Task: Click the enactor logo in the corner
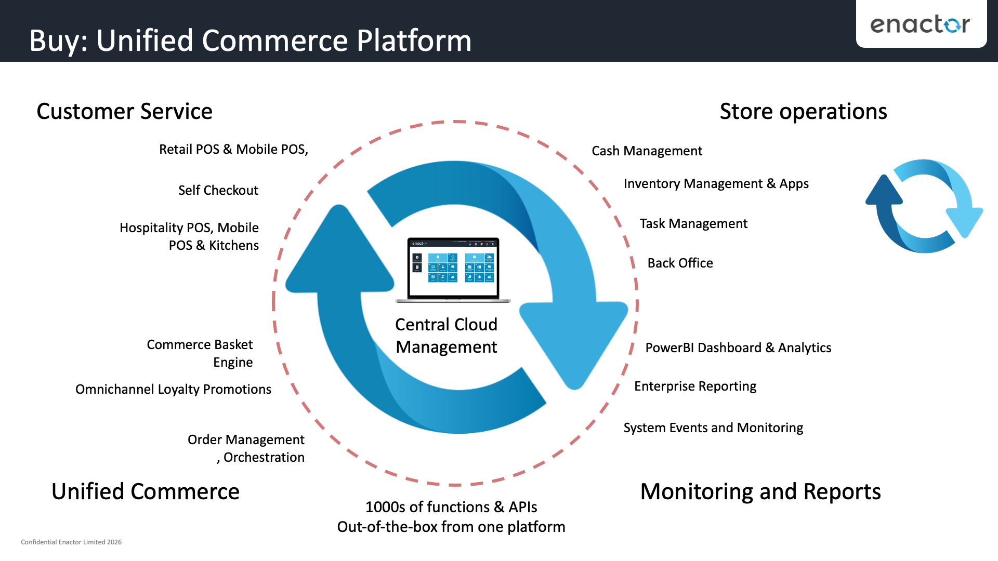(x=920, y=24)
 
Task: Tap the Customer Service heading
(x=125, y=112)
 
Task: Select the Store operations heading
(x=803, y=112)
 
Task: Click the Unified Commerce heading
(x=146, y=491)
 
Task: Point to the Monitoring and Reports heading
(x=760, y=491)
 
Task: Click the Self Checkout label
(x=218, y=190)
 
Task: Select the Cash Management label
(x=647, y=151)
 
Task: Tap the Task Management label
(x=693, y=223)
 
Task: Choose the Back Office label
(x=680, y=263)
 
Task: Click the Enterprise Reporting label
(x=695, y=386)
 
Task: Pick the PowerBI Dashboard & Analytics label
(x=738, y=348)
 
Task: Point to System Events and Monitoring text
(x=713, y=428)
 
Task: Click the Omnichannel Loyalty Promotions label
(x=173, y=389)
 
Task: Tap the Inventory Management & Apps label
(x=716, y=183)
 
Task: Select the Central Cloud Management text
(x=446, y=336)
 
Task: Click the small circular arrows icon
(x=924, y=206)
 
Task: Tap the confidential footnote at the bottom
(x=71, y=542)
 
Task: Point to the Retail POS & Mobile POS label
(x=233, y=149)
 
